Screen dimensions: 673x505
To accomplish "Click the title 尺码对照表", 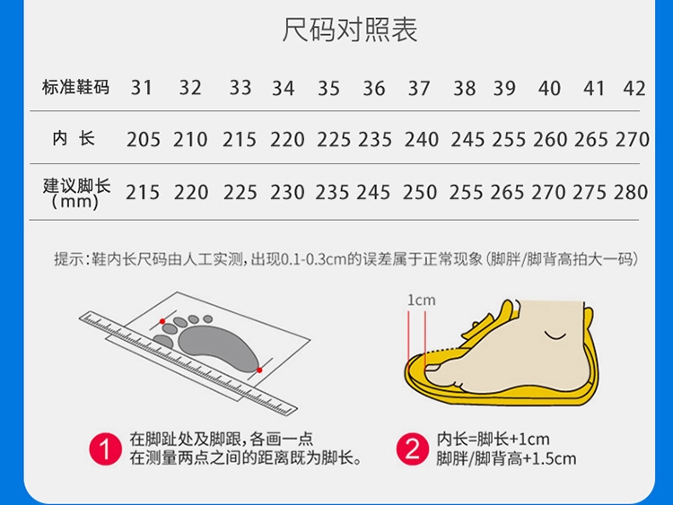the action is coord(349,30).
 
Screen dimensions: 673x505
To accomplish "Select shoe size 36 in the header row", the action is coord(374,89).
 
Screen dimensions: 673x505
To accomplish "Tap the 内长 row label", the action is coord(74,139).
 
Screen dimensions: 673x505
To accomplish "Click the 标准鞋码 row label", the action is coord(75,87).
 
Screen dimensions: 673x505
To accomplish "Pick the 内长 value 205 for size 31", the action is coord(144,139).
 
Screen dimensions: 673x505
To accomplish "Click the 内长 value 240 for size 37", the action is coord(422,139).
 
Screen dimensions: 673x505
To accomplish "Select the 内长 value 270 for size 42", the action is coord(633,139).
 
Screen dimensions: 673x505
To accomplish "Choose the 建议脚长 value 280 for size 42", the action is coord(631,192).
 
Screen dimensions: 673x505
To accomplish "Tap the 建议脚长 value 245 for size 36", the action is coord(373,192).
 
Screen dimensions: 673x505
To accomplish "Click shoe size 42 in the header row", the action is coord(634,89).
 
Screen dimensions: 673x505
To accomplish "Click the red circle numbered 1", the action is coord(105,449).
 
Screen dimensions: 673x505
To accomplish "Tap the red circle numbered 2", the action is coord(413,449).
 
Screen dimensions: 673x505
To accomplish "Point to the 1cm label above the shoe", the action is coord(421,300).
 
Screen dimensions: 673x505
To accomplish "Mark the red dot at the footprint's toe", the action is coord(162,321).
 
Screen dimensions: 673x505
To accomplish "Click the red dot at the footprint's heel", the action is coord(259,370).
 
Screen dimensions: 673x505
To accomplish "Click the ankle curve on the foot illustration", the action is coord(555,335).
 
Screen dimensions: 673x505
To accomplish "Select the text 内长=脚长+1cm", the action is coord(494,440).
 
